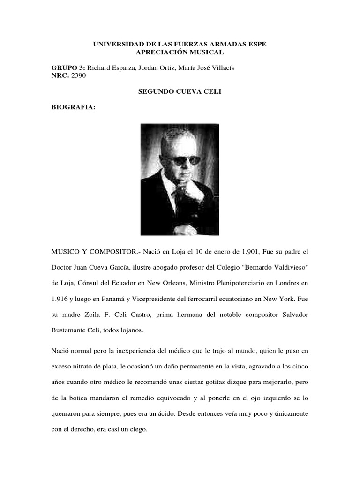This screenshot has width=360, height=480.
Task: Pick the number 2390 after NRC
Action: click(79, 76)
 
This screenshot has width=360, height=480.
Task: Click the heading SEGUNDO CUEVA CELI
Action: click(180, 92)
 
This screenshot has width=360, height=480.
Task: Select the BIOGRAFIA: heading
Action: click(73, 108)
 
